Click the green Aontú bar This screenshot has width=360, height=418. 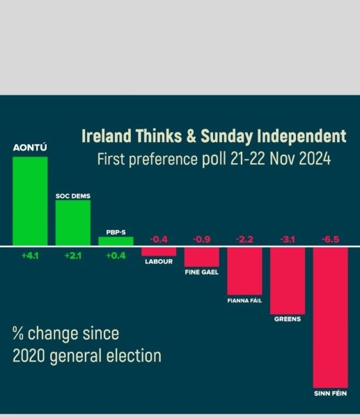coord(30,201)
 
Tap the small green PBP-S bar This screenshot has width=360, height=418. coord(116,241)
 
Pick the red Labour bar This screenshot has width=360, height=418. coord(159,250)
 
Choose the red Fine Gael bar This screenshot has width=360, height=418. coord(201,256)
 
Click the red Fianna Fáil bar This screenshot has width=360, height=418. coord(244,270)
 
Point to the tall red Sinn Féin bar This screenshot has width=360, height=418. coord(330,316)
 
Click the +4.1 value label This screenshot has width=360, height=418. coord(30,256)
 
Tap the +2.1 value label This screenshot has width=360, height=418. coord(73,256)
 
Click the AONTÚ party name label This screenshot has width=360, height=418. coord(30,148)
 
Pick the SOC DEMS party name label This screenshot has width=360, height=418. coord(73,196)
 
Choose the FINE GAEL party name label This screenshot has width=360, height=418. coord(201,273)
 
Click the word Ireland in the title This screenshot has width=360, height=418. coord(104,134)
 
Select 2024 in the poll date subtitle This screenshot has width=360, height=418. coord(311,158)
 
